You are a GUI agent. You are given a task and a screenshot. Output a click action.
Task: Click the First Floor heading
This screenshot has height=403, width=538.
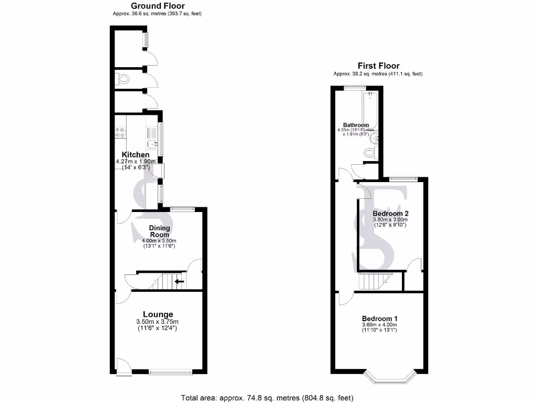point(378,66)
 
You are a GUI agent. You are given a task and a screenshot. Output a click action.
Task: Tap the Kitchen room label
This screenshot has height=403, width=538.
point(136,155)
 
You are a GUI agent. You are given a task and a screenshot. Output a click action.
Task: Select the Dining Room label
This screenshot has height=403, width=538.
point(159,231)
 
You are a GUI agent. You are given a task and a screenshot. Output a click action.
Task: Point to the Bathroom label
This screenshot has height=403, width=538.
point(356,125)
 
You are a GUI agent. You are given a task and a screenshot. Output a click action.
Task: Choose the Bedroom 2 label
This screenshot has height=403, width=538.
point(390,214)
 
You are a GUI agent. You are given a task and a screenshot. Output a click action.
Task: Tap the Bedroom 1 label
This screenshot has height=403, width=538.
point(379,319)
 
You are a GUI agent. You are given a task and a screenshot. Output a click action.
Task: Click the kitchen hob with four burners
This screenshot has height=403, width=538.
point(119,132)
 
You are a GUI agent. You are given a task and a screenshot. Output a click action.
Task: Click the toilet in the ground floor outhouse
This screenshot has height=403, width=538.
point(123,80)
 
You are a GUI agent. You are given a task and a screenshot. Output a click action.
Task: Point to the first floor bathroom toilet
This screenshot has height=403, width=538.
point(370,153)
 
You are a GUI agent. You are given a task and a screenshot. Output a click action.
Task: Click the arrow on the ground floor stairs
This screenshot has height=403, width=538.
point(179,282)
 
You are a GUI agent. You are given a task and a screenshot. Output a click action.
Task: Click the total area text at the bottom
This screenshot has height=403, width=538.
point(267,398)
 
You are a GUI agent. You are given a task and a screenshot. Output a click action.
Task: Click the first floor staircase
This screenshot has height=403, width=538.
point(374,282)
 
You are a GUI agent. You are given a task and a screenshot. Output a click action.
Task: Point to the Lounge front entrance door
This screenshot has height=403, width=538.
point(122,367)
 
